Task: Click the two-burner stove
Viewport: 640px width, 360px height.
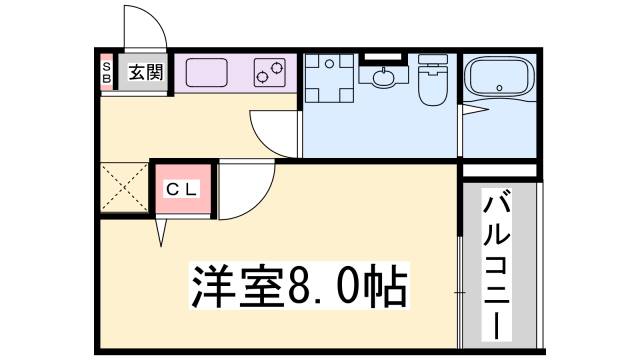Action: (270, 72)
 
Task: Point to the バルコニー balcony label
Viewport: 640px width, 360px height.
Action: (497, 265)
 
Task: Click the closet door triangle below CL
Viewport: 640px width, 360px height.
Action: (160, 232)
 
